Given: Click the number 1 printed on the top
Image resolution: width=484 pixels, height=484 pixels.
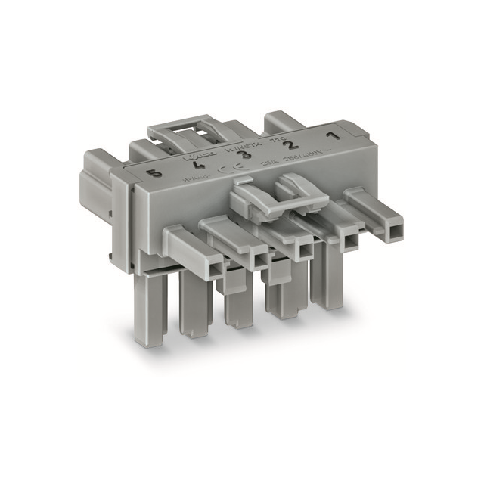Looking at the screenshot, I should click(x=330, y=137).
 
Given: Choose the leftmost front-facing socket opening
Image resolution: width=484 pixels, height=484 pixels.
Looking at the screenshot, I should click(x=215, y=266).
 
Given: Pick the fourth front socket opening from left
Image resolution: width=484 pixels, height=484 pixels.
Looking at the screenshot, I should click(x=349, y=240).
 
